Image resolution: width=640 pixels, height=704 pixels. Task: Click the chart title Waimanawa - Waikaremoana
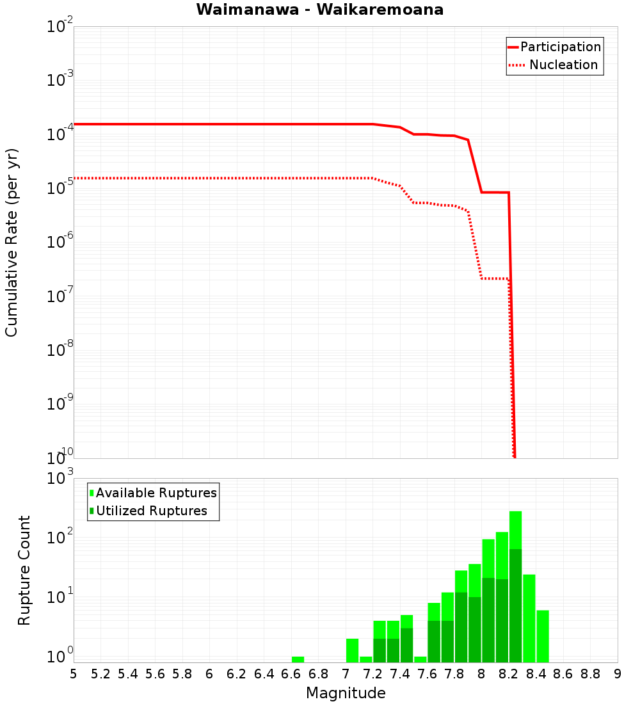[319, 10]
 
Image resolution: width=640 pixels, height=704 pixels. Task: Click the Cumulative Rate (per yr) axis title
[12, 243]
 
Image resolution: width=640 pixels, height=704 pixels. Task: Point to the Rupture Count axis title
[24, 570]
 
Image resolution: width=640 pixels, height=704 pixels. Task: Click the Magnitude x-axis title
[346, 693]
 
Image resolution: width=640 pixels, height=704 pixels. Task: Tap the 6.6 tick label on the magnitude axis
[291, 674]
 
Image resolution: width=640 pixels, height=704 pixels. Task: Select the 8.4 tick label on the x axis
[536, 674]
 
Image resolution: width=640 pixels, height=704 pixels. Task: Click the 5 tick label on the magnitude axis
[74, 674]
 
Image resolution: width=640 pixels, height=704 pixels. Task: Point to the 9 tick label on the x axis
[618, 674]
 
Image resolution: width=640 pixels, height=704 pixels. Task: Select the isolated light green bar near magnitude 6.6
[298, 659]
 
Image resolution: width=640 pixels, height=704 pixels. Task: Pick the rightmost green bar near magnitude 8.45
[543, 636]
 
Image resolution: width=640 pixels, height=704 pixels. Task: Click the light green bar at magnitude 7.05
[352, 650]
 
